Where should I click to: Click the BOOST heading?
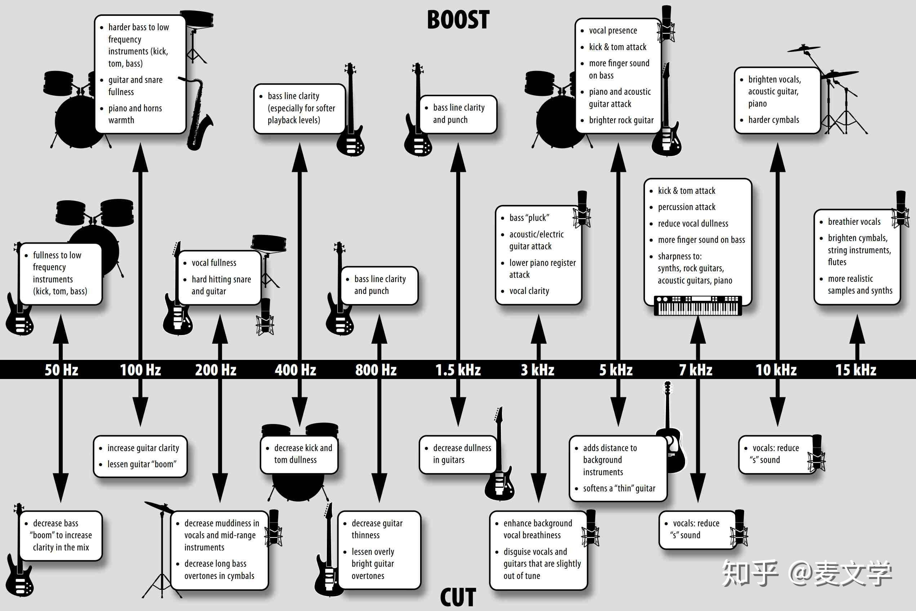(458, 20)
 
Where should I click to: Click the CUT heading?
(458, 597)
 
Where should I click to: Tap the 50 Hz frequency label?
(61, 370)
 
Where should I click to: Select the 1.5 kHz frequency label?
(458, 370)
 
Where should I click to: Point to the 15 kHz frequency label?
(856, 370)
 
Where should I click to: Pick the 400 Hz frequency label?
(295, 370)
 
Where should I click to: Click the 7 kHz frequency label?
(696, 370)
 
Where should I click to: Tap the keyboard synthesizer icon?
(698, 305)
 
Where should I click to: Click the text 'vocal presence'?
(613, 30)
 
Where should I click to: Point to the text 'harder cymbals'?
(773, 120)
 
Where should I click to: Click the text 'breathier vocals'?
(854, 222)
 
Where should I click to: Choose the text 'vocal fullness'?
(214, 263)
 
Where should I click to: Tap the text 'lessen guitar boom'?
(142, 464)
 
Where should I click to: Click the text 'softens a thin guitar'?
(619, 488)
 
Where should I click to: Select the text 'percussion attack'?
(687, 207)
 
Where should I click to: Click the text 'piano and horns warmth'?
(135, 114)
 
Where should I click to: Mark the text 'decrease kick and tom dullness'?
(303, 454)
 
